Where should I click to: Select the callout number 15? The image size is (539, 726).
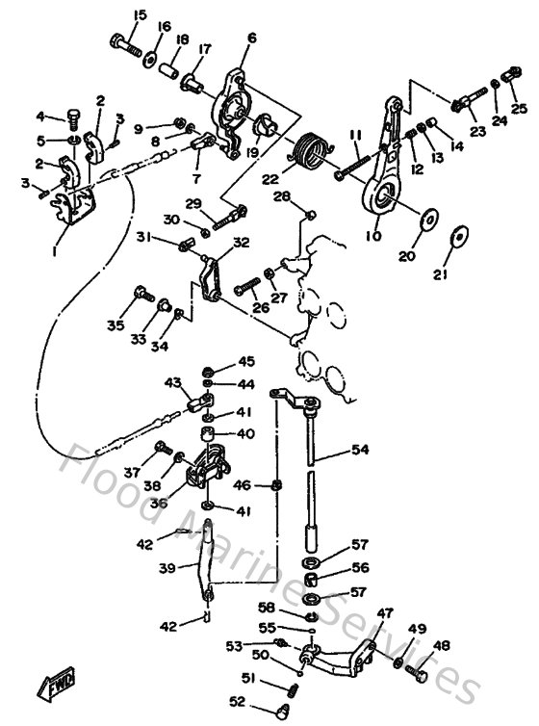(x=140, y=14)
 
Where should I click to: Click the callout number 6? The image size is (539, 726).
(x=252, y=38)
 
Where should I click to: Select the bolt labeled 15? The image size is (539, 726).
(x=125, y=43)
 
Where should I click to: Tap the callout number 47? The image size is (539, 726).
(x=385, y=613)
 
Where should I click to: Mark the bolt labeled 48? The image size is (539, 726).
(x=421, y=675)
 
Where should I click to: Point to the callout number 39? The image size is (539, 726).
(x=167, y=569)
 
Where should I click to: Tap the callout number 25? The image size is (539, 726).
(x=519, y=109)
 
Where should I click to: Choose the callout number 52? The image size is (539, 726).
(x=236, y=701)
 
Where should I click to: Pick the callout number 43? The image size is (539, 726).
(x=173, y=382)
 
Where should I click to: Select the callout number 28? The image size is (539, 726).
(x=281, y=196)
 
